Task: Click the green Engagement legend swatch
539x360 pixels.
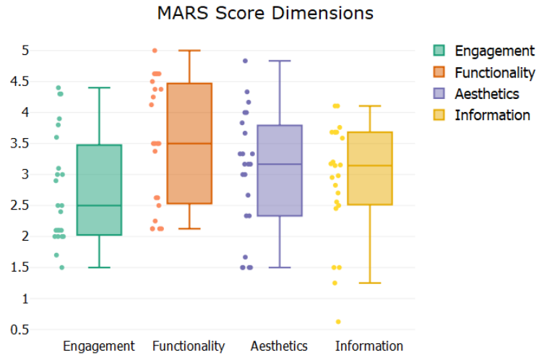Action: (439, 51)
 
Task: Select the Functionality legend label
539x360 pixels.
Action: (494, 72)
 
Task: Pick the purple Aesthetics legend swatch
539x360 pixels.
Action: (439, 93)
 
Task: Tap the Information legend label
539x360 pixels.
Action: (492, 115)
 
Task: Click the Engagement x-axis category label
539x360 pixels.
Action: (99, 346)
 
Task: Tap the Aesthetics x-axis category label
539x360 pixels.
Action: (279, 346)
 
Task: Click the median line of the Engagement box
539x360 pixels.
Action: (99, 205)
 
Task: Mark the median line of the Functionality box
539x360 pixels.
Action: (189, 144)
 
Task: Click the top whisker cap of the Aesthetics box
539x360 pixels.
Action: (280, 61)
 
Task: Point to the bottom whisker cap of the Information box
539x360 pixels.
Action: (369, 283)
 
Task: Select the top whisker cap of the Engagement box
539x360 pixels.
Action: (99, 87)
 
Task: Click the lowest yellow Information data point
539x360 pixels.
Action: (338, 322)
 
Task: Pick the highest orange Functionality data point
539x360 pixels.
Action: (155, 51)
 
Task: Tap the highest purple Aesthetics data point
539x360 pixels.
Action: (245, 61)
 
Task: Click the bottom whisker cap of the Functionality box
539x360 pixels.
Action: (189, 228)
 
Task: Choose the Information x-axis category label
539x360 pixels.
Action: (368, 346)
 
